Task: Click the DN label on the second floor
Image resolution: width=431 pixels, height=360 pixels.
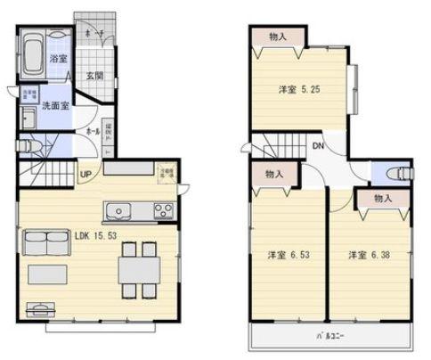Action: click(318, 147)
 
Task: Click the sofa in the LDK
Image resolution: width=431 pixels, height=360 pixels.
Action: click(41, 242)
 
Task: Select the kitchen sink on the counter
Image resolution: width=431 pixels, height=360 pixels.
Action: click(119, 212)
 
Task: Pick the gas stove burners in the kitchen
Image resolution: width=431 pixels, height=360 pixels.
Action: click(164, 211)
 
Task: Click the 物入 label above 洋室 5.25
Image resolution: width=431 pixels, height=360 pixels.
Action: click(277, 37)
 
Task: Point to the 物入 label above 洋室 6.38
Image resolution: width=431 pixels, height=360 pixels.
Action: click(383, 199)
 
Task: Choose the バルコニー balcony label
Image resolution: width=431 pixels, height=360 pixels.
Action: click(330, 337)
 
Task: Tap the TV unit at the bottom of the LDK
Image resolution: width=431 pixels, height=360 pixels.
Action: click(39, 310)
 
